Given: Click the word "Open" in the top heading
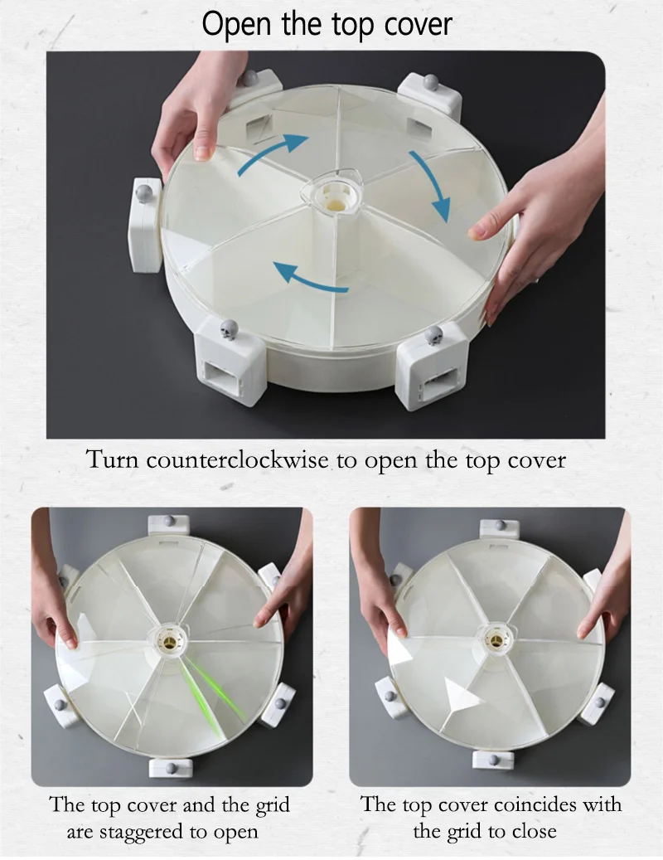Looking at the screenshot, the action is click(x=236, y=25).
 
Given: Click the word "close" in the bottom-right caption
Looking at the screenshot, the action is click(x=533, y=831).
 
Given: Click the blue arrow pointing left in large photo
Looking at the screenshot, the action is click(x=310, y=277).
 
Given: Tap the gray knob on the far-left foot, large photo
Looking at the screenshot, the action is click(x=144, y=193).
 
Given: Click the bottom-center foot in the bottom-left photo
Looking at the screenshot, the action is click(x=171, y=768).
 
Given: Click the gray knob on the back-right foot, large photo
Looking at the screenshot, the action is click(x=431, y=83).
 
